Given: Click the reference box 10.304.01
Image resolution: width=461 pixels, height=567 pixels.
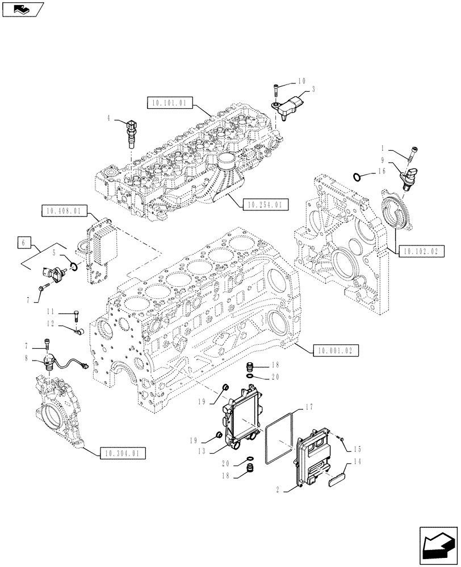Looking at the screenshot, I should click(x=122, y=453).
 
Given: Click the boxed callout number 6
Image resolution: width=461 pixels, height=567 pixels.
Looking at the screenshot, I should click(x=23, y=243).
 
